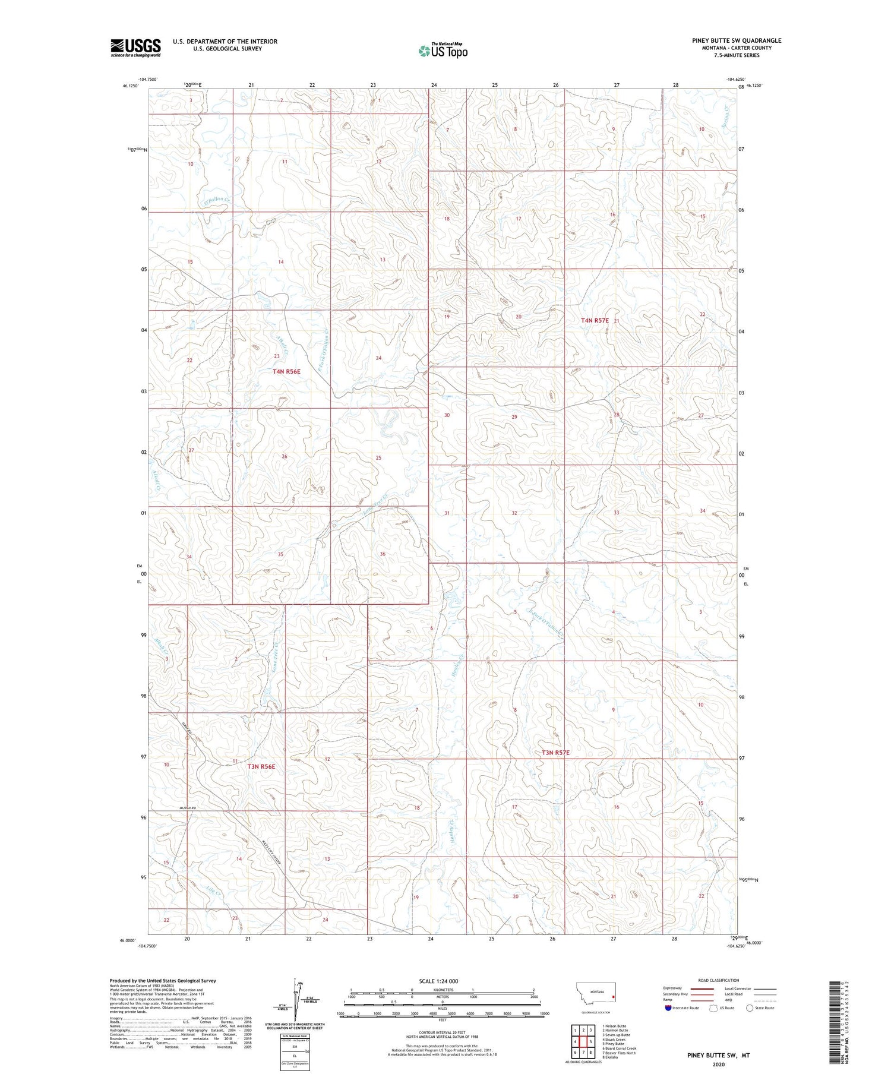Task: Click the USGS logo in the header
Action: click(135, 48)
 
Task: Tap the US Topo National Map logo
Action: click(443, 50)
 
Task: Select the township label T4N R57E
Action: click(595, 321)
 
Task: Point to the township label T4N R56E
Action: click(286, 372)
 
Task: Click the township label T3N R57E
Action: click(555, 753)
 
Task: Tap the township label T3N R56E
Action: click(261, 766)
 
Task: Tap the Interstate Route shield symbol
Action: click(669, 1007)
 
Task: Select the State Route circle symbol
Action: click(750, 1007)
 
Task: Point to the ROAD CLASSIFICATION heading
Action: click(719, 980)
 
